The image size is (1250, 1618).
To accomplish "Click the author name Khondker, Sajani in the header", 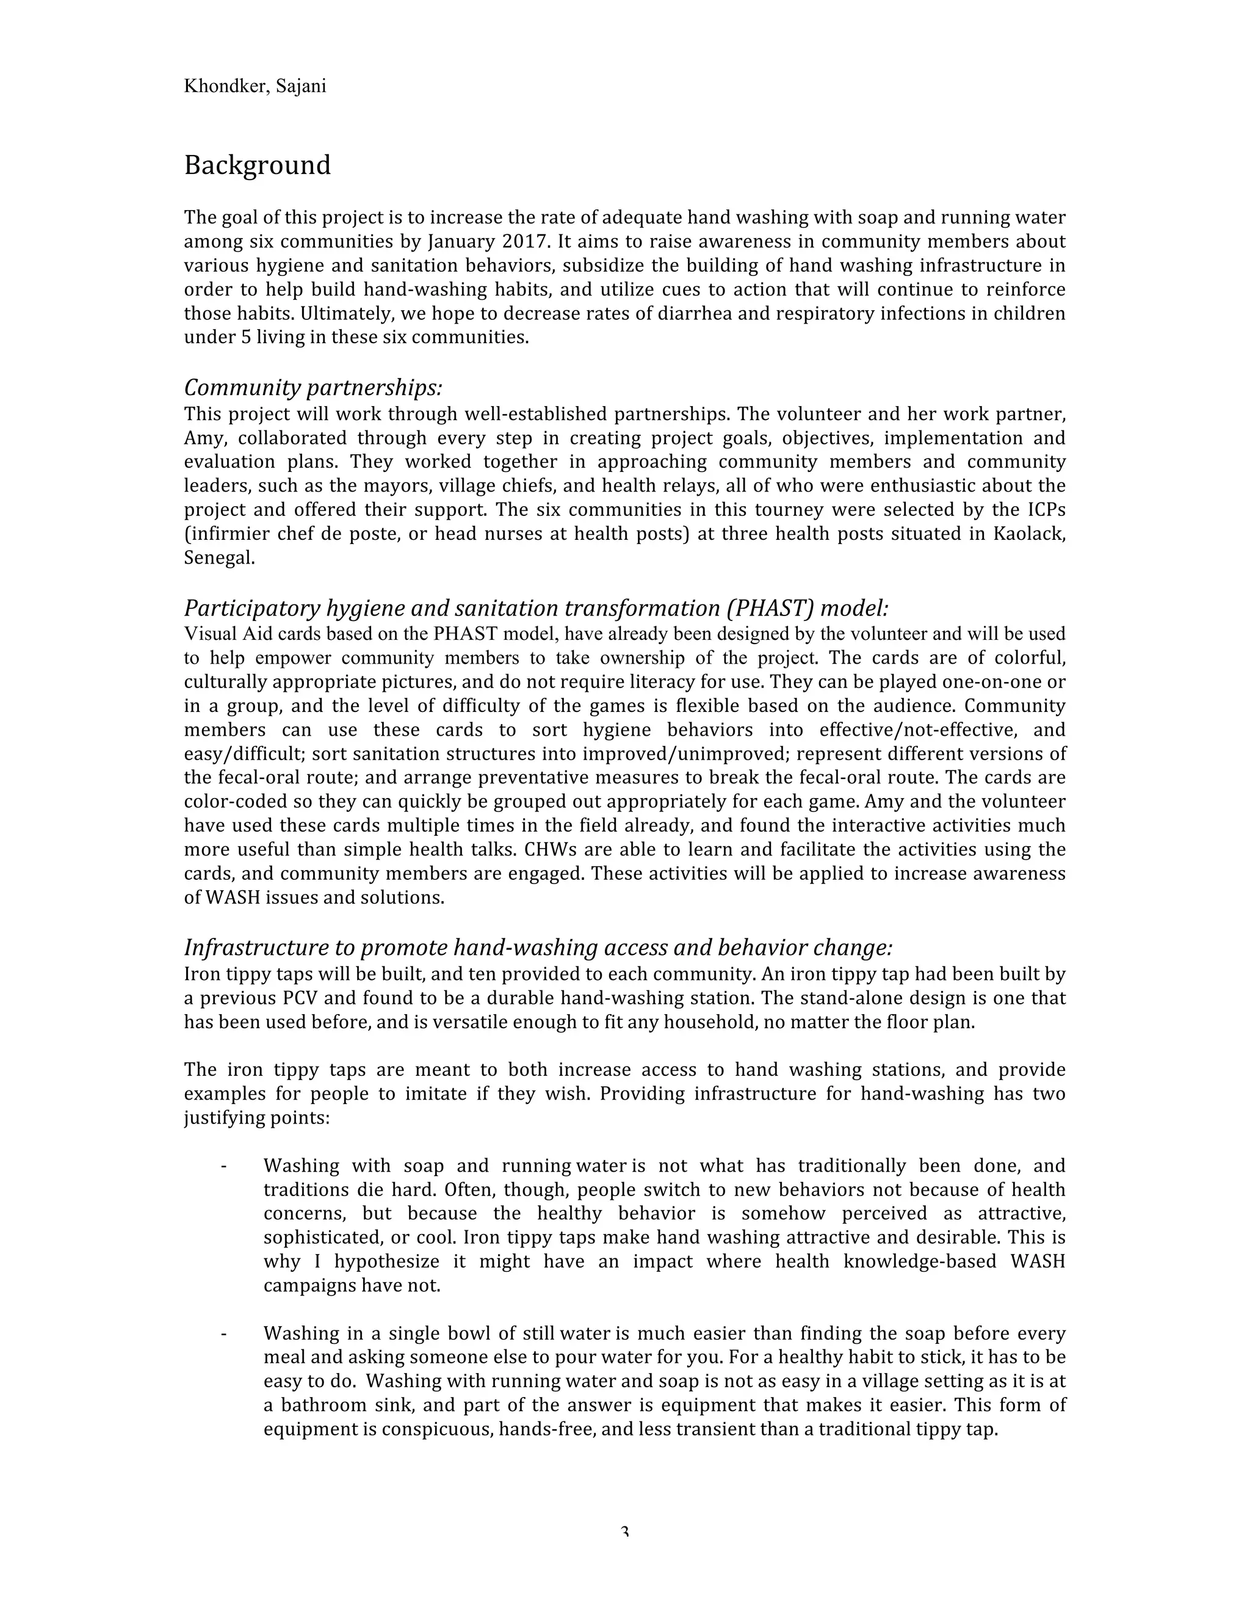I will point(255,87).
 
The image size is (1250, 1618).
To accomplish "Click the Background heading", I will point(257,165).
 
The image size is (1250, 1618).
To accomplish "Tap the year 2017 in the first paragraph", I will point(524,242).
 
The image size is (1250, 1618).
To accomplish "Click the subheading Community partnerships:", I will point(312,388).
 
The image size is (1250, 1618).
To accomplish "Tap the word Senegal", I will point(219,558).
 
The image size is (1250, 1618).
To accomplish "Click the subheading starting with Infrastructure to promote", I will point(538,948).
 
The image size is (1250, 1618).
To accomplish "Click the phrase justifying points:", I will point(256,1118).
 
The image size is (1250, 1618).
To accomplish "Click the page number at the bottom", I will point(624,1532).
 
